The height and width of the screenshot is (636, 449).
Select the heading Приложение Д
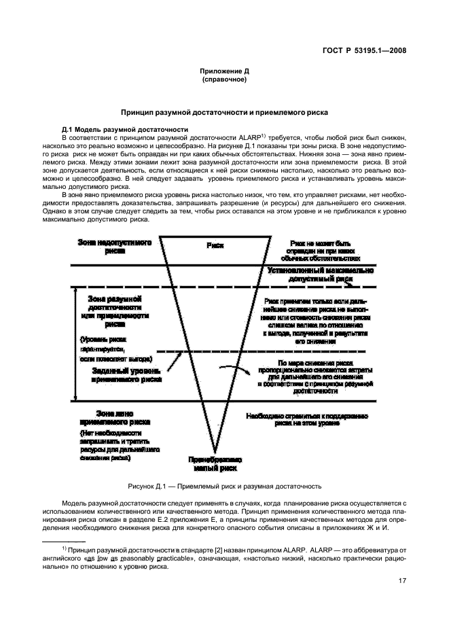pos(223,71)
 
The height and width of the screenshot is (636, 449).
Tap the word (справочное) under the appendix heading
pos(223,79)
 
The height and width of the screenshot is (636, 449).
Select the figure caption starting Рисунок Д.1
pos(224,487)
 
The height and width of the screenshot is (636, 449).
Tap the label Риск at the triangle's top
pos(215,246)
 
